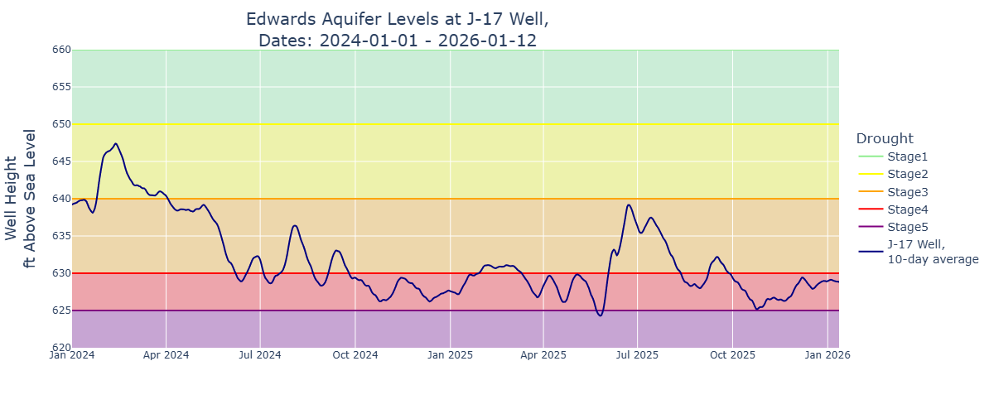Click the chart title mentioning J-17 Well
tap(398, 29)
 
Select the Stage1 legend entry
tap(908, 156)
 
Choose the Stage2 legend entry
tap(908, 174)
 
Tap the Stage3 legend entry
tap(908, 192)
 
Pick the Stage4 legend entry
tap(908, 209)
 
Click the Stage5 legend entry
tap(908, 227)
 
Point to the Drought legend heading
tap(885, 138)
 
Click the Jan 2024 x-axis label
tap(72, 355)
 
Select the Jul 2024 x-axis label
tap(260, 355)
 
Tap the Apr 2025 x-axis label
tap(543, 355)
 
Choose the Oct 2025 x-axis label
tap(732, 355)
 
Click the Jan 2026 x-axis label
tap(828, 355)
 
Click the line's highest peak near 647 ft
tap(115, 143)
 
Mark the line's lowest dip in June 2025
tap(600, 315)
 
